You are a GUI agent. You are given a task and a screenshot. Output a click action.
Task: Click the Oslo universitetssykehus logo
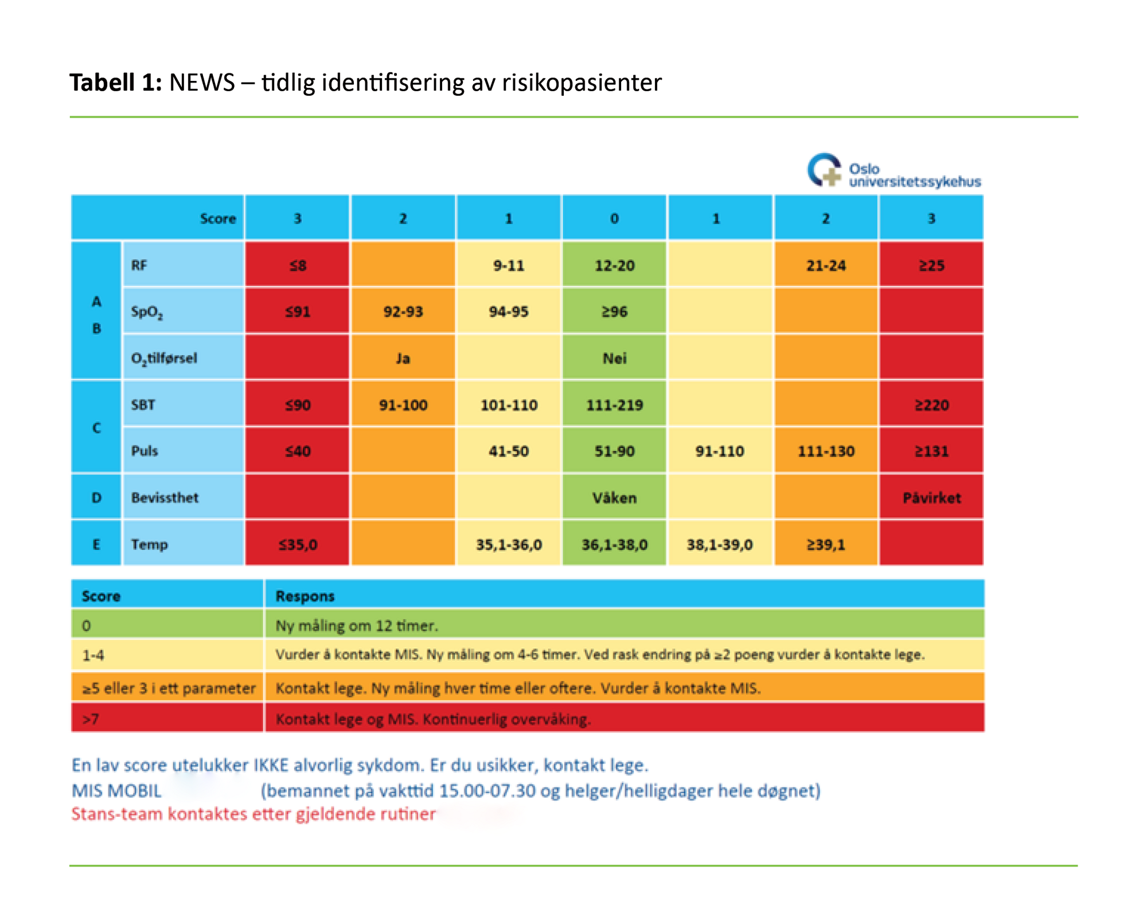pos(894,171)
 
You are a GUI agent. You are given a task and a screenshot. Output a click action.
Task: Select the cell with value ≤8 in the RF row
pos(297,266)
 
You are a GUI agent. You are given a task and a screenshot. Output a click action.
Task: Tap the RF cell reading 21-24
pos(825,266)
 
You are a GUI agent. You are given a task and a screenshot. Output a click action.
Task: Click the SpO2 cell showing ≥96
pos(614,311)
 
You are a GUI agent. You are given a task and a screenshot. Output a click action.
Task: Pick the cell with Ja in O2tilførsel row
pos(403,358)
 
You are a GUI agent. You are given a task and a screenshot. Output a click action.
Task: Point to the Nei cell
pos(614,358)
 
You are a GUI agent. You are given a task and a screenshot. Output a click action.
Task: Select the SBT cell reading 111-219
pos(614,405)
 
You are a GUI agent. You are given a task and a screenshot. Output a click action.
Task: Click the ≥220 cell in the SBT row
pos(931,405)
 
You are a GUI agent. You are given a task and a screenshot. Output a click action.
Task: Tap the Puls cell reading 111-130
pos(825,451)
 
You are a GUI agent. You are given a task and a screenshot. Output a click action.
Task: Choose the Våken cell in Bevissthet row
pos(614,497)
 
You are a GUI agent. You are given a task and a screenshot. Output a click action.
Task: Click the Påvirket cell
pos(931,497)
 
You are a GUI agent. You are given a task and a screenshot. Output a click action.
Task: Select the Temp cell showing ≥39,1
pos(825,544)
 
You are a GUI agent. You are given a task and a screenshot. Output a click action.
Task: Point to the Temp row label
pos(149,544)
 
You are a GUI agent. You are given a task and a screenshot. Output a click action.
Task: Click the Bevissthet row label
pos(165,497)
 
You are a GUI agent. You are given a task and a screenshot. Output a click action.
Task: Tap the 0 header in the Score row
pos(614,219)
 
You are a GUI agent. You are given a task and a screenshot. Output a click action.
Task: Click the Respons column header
pos(305,596)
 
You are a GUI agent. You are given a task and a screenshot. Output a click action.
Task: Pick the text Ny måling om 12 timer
pos(356,625)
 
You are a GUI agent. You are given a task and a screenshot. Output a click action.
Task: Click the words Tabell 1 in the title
pos(115,83)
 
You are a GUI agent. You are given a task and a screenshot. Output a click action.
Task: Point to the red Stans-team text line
pos(253,814)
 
